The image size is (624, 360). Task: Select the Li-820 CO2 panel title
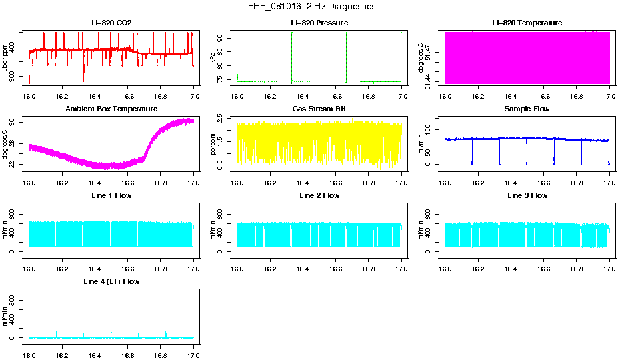pos(111,23)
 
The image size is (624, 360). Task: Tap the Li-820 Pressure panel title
pos(319,23)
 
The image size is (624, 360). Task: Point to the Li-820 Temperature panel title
pos(527,23)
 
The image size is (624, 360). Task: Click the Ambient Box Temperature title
pos(111,109)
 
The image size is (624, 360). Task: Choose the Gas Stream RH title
pos(319,109)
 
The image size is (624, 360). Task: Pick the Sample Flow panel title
pos(527,109)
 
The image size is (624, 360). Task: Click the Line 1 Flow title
pos(111,195)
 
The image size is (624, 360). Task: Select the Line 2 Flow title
pos(319,195)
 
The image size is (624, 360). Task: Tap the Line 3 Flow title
pos(527,195)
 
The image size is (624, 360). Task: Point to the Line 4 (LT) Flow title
pos(111,281)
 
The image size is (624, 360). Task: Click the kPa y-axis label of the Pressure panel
pos(213,57)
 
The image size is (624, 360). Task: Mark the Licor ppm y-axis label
pos(5,57)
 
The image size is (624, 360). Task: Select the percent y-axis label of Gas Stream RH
pos(213,143)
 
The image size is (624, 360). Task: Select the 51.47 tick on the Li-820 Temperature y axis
pos(430,48)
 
